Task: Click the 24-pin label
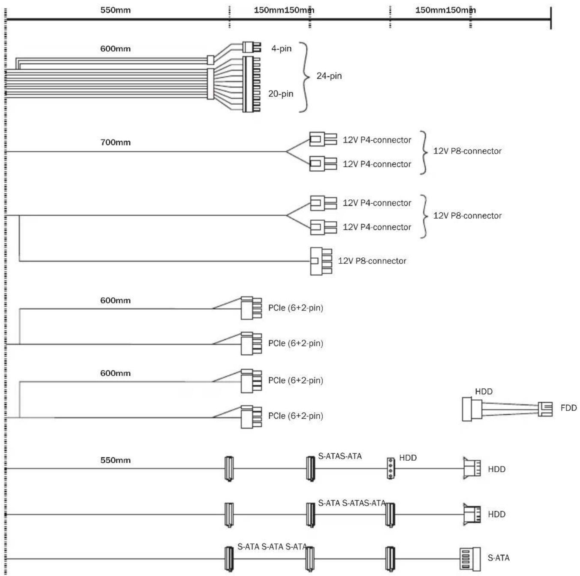pyautogui.click(x=329, y=75)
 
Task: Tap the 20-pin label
pyautogui.click(x=280, y=93)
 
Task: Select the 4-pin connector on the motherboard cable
pyautogui.click(x=252, y=47)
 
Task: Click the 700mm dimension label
pyautogui.click(x=115, y=142)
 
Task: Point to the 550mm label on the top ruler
pyautogui.click(x=115, y=10)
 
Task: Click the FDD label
pyautogui.click(x=568, y=408)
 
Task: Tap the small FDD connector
pyautogui.click(x=545, y=409)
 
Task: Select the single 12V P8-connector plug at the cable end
pyautogui.click(x=321, y=261)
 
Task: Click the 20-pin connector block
pyautogui.click(x=251, y=84)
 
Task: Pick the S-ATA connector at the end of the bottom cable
pyautogui.click(x=469, y=559)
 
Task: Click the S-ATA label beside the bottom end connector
pyautogui.click(x=499, y=558)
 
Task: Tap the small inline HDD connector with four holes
pyautogui.click(x=391, y=468)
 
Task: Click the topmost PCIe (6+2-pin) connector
pyautogui.click(x=251, y=308)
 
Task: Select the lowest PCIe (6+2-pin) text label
pyautogui.click(x=295, y=416)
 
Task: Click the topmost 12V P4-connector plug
pyautogui.click(x=323, y=139)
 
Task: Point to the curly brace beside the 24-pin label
pyautogui.click(x=304, y=77)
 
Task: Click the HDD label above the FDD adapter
pyautogui.click(x=484, y=391)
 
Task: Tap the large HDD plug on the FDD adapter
pyautogui.click(x=472, y=409)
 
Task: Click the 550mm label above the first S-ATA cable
pyautogui.click(x=115, y=460)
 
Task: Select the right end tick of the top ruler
pyautogui.click(x=550, y=18)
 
